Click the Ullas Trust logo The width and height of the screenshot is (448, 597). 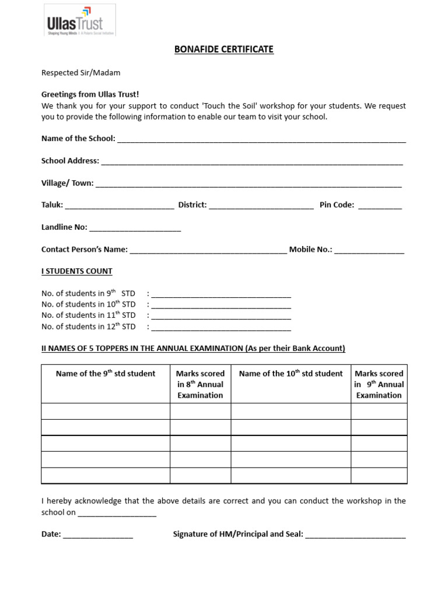pos(79,21)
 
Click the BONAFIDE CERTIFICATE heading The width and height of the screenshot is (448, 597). pos(224,50)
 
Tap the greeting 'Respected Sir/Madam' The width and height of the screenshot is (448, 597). pos(80,73)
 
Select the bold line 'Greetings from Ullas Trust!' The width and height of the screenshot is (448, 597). pos(90,94)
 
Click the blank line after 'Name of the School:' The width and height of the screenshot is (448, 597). pos(261,140)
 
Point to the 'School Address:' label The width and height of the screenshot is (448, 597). pos(70,161)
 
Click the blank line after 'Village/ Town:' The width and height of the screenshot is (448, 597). pos(249,184)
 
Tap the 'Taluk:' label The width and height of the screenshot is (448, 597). pos(52,205)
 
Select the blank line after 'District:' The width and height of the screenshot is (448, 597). pos(261,206)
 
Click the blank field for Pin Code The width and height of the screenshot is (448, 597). pos(380,206)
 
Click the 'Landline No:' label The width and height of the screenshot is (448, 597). pos(64,227)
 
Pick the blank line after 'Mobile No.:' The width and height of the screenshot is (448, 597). pos(369,251)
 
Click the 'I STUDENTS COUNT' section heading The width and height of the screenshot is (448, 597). pos(76,271)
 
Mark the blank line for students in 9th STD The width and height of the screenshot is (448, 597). pos(221,294)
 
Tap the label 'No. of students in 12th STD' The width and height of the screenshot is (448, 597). pos(88,326)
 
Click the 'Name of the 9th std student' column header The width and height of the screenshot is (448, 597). pos(106,374)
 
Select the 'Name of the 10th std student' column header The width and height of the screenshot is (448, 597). pos(290,374)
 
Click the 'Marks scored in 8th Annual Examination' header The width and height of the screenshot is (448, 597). pos(200,384)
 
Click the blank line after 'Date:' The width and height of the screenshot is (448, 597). pos(98,535)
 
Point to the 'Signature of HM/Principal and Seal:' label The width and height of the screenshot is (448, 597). pos(238,534)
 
